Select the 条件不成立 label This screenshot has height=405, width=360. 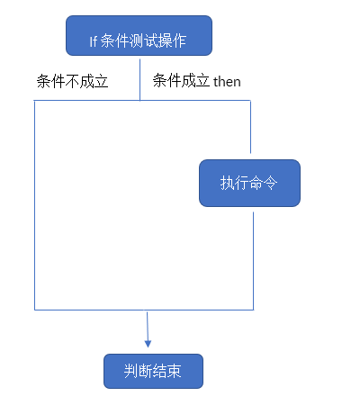tap(72, 82)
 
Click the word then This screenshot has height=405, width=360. tap(227, 82)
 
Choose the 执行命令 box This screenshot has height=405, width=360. tap(248, 183)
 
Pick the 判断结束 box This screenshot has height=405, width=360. tap(153, 371)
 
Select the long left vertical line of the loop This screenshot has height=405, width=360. tap(35, 207)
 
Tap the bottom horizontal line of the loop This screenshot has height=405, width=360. tap(144, 310)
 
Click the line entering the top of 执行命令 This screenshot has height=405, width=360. tap(249, 126)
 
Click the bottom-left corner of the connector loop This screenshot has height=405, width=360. tap(35, 310)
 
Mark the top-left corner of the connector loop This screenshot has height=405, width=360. tap(35, 101)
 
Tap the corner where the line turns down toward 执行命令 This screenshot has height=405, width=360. tap(249, 101)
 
